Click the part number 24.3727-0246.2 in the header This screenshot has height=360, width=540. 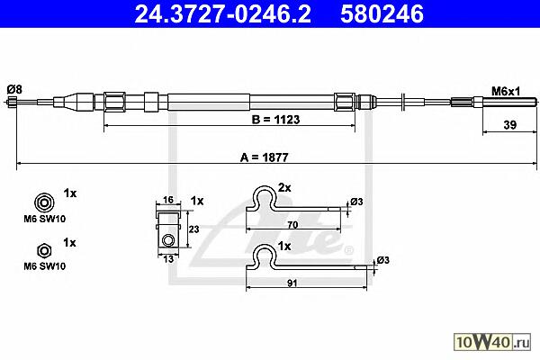click(x=222, y=14)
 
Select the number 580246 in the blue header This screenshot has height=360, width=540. click(x=382, y=14)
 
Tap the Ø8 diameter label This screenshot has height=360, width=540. click(x=14, y=90)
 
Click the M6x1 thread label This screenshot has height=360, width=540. click(x=506, y=91)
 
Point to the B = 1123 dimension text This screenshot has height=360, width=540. click(x=276, y=120)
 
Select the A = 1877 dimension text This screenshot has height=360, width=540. click(x=264, y=157)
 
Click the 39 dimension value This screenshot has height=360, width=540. click(x=510, y=125)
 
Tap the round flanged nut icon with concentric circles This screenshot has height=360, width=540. click(x=44, y=202)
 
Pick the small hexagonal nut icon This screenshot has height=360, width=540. click(x=44, y=251)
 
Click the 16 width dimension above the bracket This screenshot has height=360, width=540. click(x=167, y=200)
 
